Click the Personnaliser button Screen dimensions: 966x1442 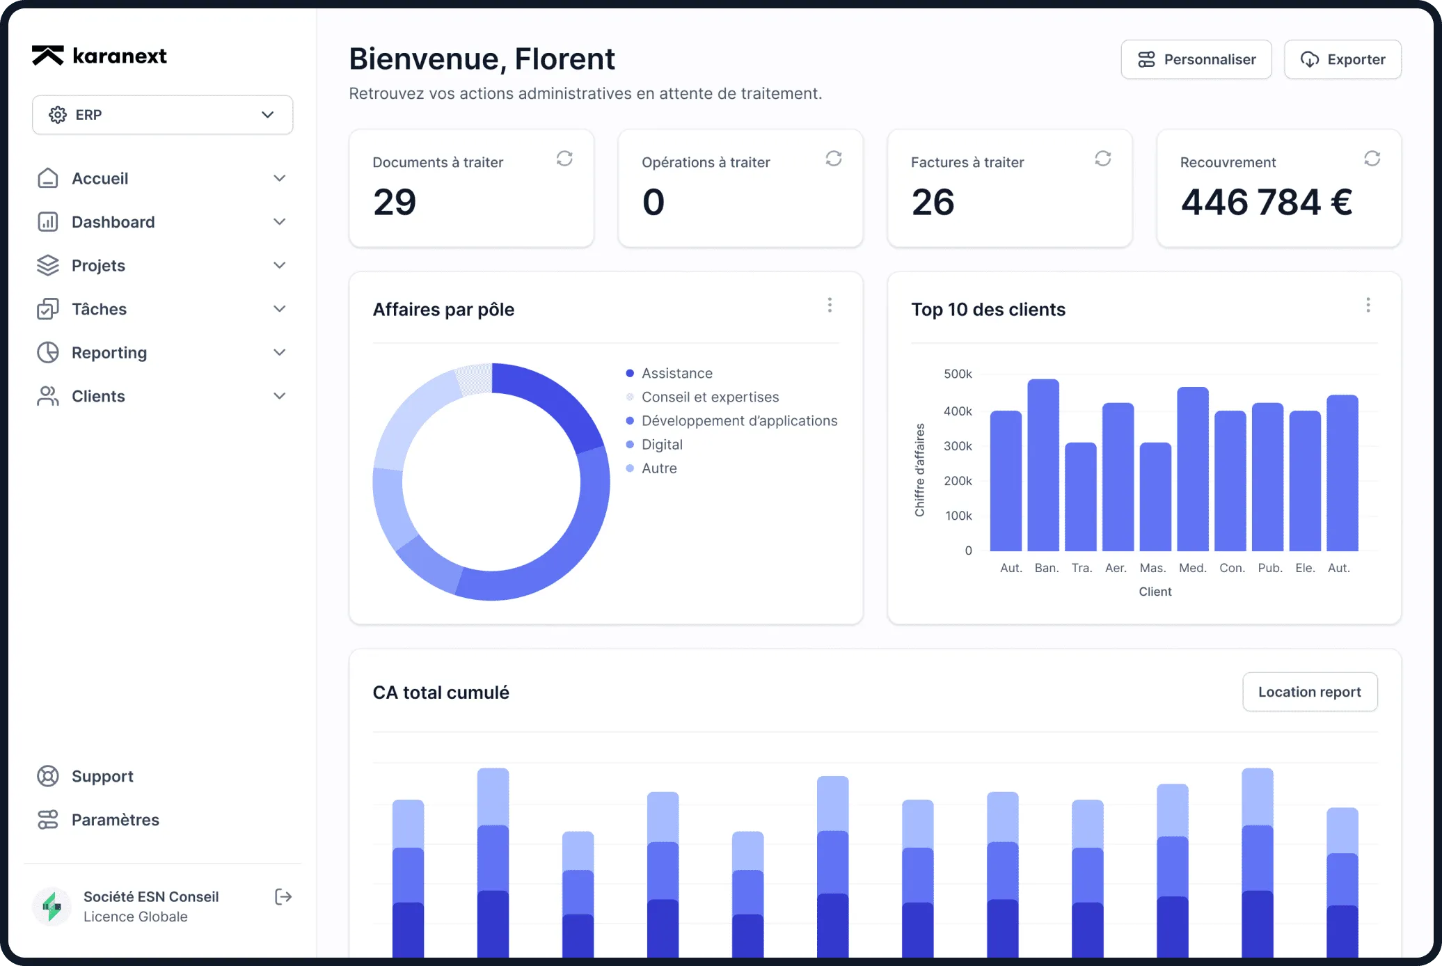[1196, 59]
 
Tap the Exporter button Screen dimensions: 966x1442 [1342, 59]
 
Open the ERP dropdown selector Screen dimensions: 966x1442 [162, 115]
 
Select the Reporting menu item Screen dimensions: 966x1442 [109, 353]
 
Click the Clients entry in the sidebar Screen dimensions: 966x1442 [98, 396]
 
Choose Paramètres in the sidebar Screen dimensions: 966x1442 [115, 820]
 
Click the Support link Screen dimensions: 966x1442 [102, 776]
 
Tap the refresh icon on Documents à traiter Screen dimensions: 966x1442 [564, 159]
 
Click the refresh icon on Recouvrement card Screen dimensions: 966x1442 [1372, 159]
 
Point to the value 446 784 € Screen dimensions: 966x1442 [1266, 203]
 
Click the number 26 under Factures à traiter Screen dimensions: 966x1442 [933, 203]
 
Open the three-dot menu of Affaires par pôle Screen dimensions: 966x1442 [830, 305]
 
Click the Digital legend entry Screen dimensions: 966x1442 [661, 445]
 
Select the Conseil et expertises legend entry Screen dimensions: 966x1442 [709, 397]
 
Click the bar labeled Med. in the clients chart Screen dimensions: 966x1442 [1192, 469]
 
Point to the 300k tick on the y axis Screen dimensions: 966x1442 [958, 446]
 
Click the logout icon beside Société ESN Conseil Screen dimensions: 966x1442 [283, 896]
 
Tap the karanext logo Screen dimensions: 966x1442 [100, 56]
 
